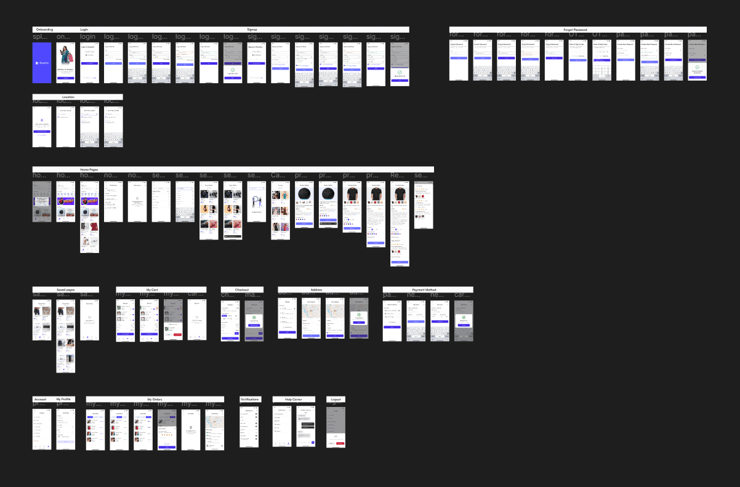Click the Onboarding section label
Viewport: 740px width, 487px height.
coord(44,30)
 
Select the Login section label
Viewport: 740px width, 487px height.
coord(84,30)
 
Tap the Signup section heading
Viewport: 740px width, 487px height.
coord(252,30)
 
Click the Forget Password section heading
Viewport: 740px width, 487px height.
coord(575,30)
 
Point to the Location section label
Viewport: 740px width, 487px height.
coord(68,97)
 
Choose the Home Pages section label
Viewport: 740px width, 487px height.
coord(89,169)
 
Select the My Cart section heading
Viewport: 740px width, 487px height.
coord(152,289)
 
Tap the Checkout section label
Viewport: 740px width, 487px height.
coord(242,289)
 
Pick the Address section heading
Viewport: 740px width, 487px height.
coord(316,289)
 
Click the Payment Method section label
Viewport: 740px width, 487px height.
coord(424,289)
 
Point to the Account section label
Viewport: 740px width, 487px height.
coord(40,400)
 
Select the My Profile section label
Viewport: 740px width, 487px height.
coord(63,400)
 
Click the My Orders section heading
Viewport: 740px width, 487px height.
coord(155,400)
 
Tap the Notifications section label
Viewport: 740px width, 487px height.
coord(249,400)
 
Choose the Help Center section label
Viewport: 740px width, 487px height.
coord(293,400)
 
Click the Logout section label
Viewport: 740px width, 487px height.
coord(336,400)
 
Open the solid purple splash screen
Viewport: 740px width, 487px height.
coord(42,62)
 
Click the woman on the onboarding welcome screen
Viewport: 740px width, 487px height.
coord(65,59)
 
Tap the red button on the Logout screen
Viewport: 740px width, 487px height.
coord(340,443)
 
